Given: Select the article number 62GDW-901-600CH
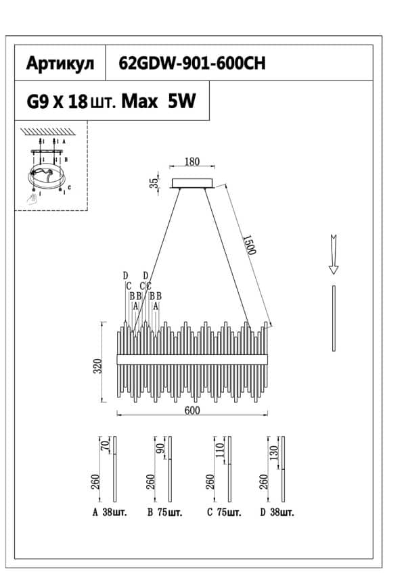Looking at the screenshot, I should point(191,64).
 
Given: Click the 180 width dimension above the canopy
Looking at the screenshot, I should point(192,162).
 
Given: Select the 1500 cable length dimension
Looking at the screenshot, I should point(248,244).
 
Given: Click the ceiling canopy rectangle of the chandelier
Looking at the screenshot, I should point(193,183).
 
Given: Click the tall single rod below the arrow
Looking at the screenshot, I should point(334,318).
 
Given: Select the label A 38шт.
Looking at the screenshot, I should point(109,512).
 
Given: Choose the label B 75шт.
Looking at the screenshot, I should point(164,512).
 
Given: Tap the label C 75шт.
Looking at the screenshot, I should point(224,512).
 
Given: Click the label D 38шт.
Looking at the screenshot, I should point(277,512).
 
